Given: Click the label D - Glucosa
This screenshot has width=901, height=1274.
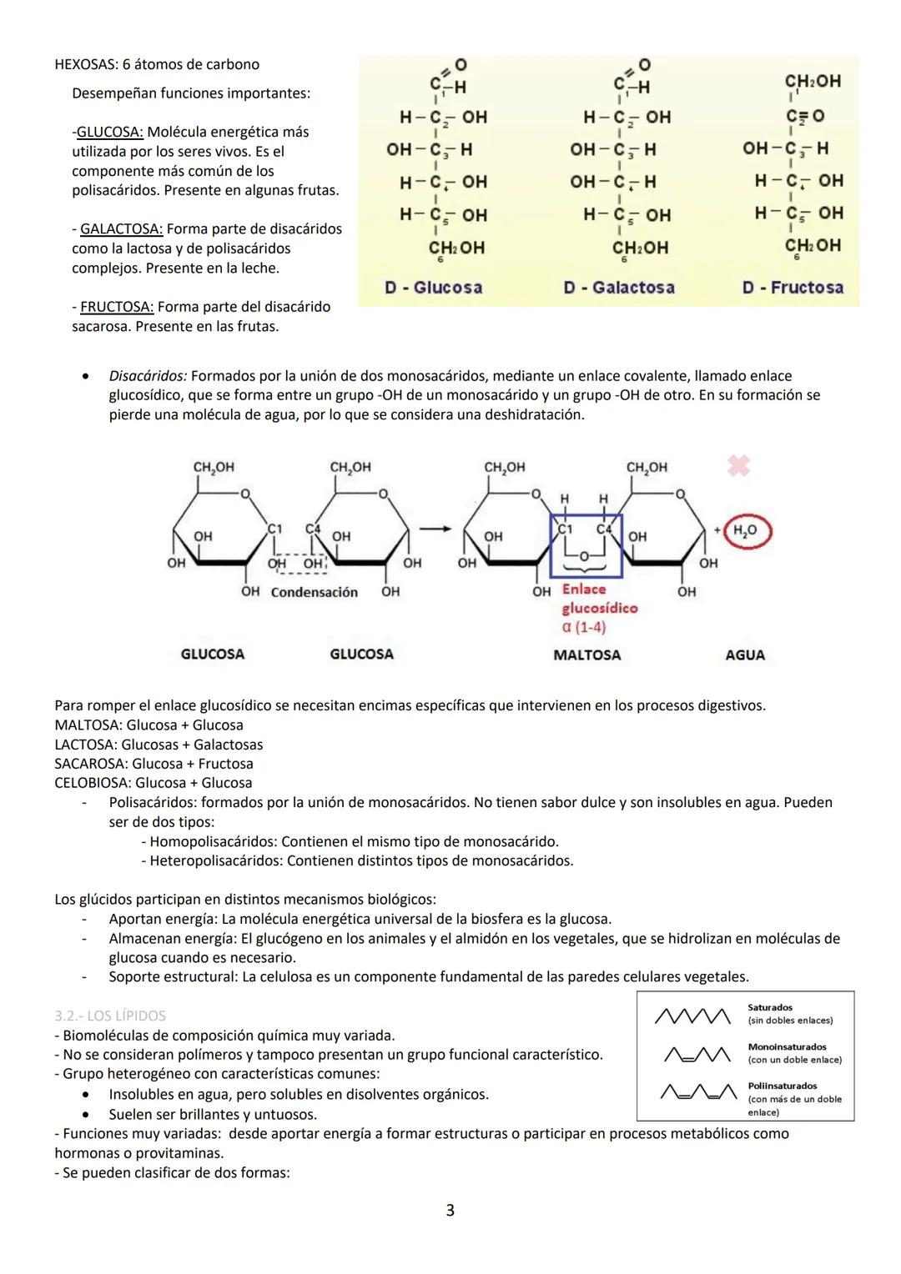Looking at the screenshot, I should [433, 288].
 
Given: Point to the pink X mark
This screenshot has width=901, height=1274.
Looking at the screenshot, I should [738, 465].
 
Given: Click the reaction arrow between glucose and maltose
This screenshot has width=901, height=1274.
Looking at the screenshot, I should [430, 529].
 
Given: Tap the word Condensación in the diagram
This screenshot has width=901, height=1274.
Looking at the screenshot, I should [314, 593].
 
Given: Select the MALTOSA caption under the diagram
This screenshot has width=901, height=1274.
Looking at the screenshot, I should [586, 655].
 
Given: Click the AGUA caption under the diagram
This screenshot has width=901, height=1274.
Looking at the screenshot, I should [745, 655].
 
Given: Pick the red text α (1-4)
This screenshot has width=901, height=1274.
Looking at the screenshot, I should [584, 627].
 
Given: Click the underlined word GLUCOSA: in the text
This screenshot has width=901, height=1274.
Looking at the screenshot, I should [109, 132].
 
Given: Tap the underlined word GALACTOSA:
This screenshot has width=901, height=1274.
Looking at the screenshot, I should [121, 228].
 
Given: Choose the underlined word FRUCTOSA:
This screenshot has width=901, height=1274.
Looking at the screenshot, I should [116, 307].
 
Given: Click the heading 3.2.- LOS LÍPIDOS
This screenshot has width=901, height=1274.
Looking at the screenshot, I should [110, 1016].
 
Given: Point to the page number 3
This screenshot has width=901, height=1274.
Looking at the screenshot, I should [450, 1210].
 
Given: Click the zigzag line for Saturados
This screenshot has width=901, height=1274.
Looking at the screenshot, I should [693, 1015].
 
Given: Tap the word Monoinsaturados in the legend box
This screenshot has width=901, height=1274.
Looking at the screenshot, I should [787, 1047].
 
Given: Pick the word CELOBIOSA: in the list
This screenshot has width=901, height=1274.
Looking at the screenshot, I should [93, 783].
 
